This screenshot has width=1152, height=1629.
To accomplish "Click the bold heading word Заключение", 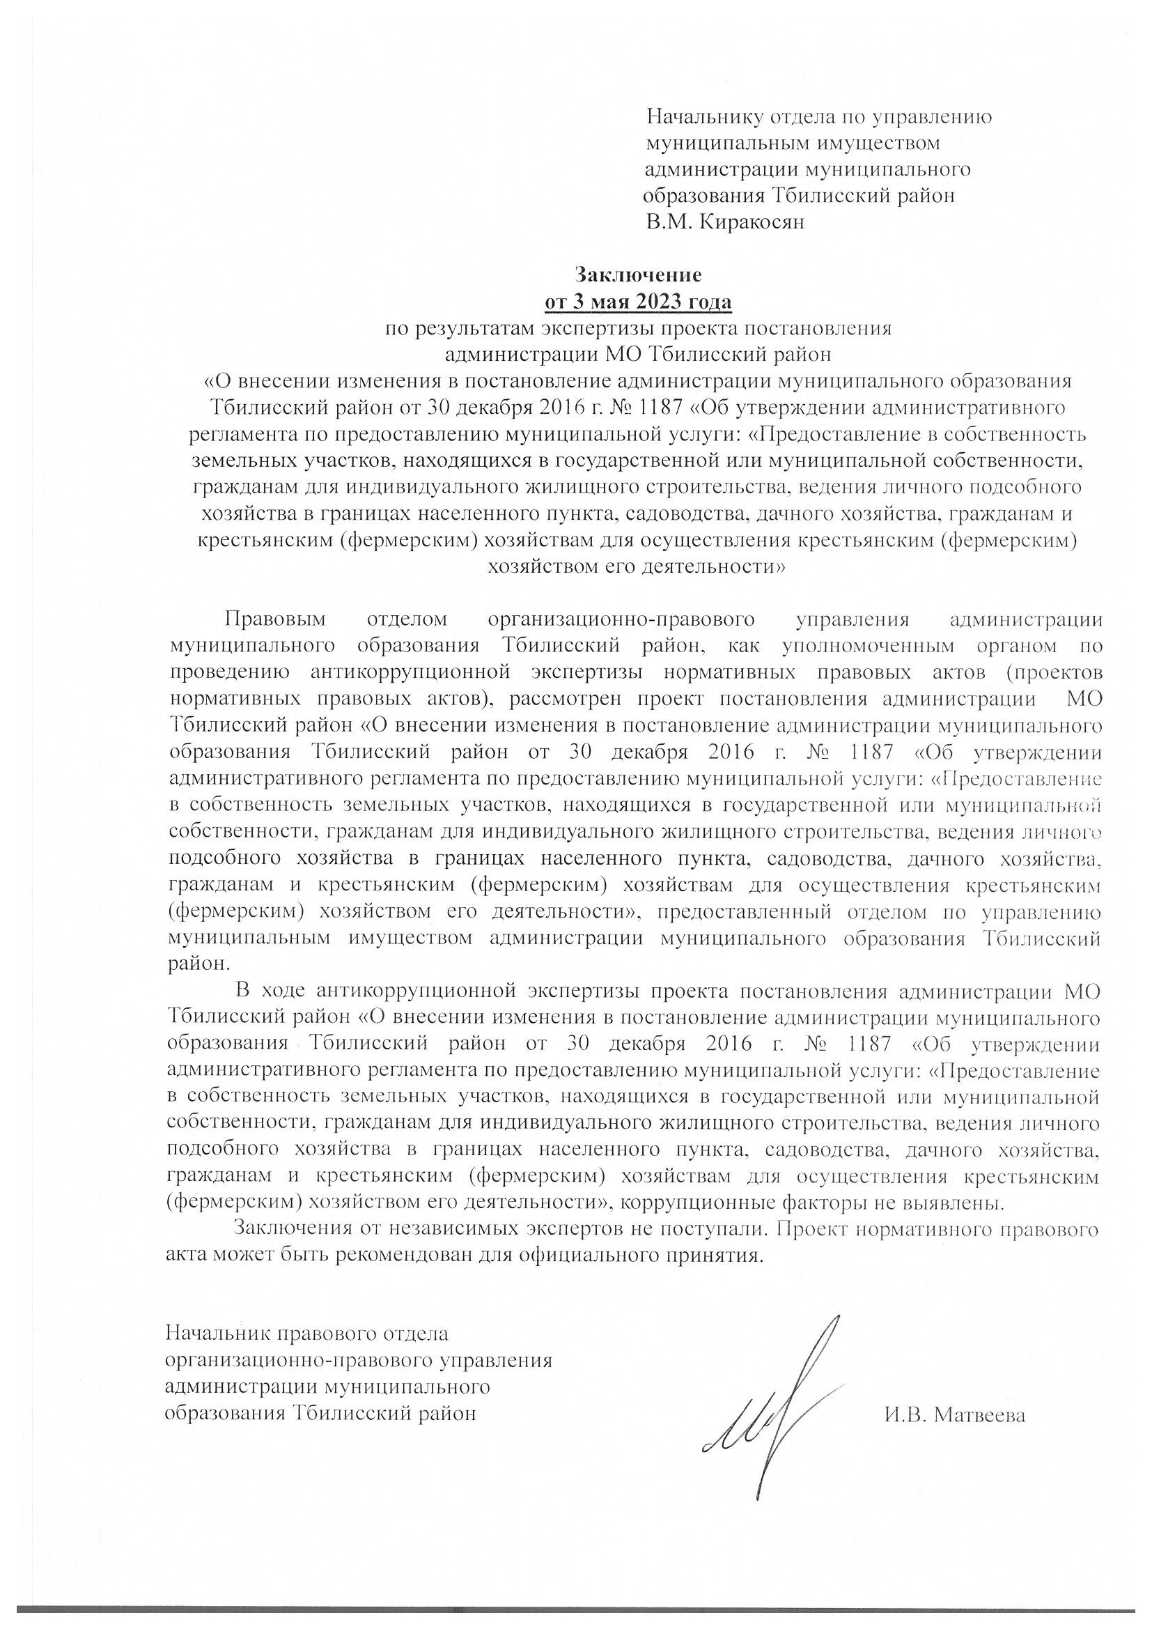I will [x=638, y=274].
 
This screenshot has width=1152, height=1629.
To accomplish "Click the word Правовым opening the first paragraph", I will [x=276, y=619].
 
